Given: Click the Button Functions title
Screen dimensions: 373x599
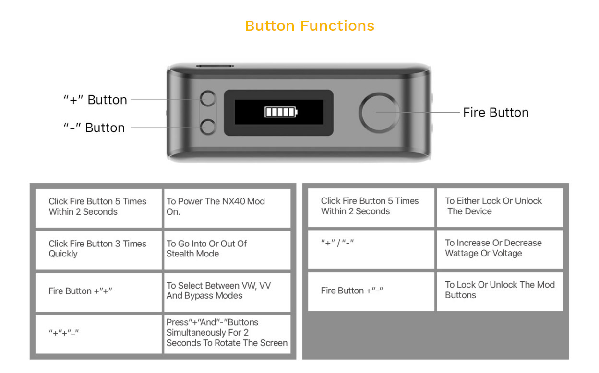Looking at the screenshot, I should tap(310, 25).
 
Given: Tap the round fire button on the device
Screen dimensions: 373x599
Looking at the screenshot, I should tap(379, 113).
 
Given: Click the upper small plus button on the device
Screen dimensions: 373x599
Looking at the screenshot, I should tap(208, 99).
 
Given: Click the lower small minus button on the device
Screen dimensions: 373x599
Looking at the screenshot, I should tap(208, 127).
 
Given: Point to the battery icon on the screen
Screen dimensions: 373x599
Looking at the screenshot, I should tap(281, 112).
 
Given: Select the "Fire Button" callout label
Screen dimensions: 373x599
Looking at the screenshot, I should tap(495, 113).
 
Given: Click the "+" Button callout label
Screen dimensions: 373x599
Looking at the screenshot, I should tap(96, 100).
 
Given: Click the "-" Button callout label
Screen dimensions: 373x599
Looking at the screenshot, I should tap(94, 128).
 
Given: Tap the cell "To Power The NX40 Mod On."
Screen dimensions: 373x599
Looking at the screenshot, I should tap(227, 207).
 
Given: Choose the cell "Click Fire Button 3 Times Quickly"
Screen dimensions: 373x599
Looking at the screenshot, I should tap(98, 249).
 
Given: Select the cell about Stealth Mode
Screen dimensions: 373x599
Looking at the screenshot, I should tap(227, 249).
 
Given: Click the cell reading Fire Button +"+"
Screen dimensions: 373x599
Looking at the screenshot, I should tap(98, 291).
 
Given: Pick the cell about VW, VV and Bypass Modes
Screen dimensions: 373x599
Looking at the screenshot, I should tap(227, 291).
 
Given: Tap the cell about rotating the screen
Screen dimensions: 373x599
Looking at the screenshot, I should tap(227, 333).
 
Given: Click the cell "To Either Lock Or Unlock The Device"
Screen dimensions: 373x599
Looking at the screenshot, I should tap(499, 207).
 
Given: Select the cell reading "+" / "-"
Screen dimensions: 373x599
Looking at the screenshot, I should tap(371, 249).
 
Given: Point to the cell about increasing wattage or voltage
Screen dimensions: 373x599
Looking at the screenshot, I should tap(499, 249).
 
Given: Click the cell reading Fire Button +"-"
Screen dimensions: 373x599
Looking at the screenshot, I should tap(371, 291).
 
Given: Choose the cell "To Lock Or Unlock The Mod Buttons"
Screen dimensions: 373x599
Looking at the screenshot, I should tap(499, 291).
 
